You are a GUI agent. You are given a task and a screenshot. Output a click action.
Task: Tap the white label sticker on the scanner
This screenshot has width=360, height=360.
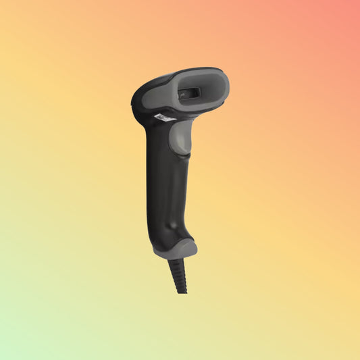164,118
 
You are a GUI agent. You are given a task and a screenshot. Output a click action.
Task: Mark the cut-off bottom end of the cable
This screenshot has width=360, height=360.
182,290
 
